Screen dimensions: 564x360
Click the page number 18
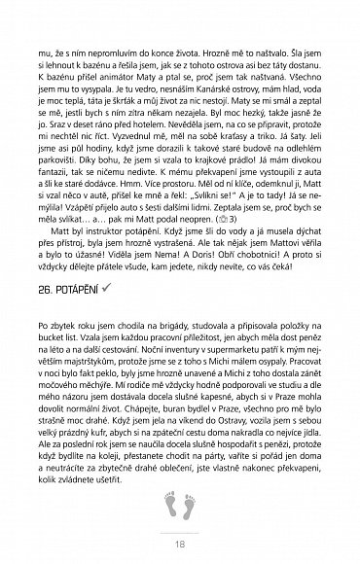click(180, 544)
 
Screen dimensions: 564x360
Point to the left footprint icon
click(171, 504)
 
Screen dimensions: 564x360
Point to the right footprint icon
click(187, 504)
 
